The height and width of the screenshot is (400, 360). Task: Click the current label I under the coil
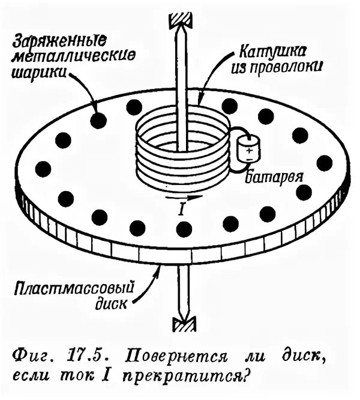pyautogui.click(x=182, y=208)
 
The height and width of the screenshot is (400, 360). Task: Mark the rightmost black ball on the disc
pyautogui.click(x=324, y=162)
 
